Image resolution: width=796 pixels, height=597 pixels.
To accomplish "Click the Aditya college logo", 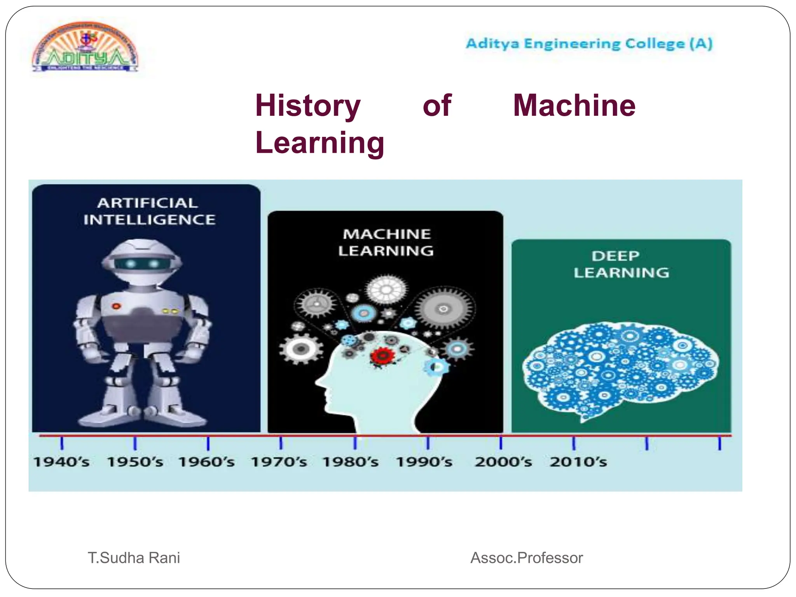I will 85,47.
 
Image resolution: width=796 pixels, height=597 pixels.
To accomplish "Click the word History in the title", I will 308,106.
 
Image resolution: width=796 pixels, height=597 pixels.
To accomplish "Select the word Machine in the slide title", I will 574,106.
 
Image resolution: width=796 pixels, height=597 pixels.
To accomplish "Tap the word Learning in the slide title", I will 319,143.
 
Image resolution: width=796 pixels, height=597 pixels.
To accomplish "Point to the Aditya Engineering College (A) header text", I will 589,44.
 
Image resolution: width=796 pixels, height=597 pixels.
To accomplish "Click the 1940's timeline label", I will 61,462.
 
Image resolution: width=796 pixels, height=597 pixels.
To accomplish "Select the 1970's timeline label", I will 279,462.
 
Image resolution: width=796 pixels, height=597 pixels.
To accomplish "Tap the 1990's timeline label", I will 424,462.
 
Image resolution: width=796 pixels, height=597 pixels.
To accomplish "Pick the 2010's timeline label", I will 578,462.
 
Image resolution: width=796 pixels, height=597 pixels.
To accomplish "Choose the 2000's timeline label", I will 503,462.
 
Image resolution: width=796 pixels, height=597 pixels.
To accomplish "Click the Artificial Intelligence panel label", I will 149,211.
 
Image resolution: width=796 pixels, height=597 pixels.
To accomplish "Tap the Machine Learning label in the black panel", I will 386,242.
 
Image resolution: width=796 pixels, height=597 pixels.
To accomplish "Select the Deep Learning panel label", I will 621,264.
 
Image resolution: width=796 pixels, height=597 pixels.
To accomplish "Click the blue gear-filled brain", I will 620,369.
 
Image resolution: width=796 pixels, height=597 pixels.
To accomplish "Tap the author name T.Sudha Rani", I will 134,558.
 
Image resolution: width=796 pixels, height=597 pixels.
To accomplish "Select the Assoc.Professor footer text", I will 526,558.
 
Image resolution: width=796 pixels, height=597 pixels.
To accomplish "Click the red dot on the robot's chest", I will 116,306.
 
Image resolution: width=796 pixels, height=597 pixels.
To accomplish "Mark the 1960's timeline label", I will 206,462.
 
